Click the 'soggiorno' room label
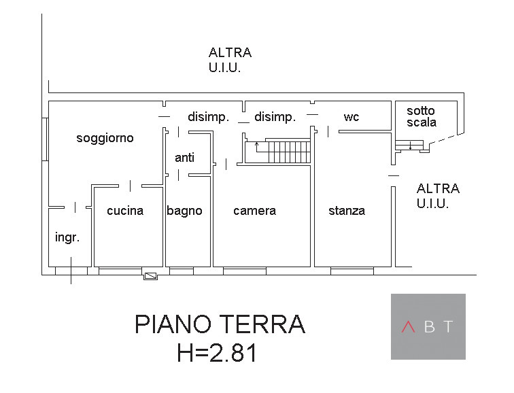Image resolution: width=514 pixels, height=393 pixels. (105, 138)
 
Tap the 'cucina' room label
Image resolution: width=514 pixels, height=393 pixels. (125, 211)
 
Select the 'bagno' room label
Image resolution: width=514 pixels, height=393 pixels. (185, 211)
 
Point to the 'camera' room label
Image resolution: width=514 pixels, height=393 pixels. (254, 211)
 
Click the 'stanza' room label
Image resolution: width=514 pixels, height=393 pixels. (347, 211)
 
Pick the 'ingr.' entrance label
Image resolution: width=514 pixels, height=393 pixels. (67, 238)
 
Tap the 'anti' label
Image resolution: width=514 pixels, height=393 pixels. (184, 158)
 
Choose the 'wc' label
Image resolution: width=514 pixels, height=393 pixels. (352, 117)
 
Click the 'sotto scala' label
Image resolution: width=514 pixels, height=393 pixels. (422, 116)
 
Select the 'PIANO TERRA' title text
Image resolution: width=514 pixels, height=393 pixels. (220, 324)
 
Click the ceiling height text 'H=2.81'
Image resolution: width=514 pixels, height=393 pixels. (217, 354)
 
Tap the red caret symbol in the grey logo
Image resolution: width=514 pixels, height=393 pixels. (408, 327)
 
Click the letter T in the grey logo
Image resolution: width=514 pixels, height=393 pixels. (448, 327)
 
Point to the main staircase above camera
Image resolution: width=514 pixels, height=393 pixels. (286, 152)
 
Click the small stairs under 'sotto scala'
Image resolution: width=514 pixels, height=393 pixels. (410, 145)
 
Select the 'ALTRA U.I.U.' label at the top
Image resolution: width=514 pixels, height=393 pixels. (230, 60)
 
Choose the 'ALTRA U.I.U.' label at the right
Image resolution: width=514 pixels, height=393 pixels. (438, 196)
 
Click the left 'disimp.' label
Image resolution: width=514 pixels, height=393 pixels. (208, 117)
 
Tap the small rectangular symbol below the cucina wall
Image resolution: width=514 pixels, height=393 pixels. (150, 275)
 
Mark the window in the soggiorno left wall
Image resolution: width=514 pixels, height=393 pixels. (45, 139)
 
